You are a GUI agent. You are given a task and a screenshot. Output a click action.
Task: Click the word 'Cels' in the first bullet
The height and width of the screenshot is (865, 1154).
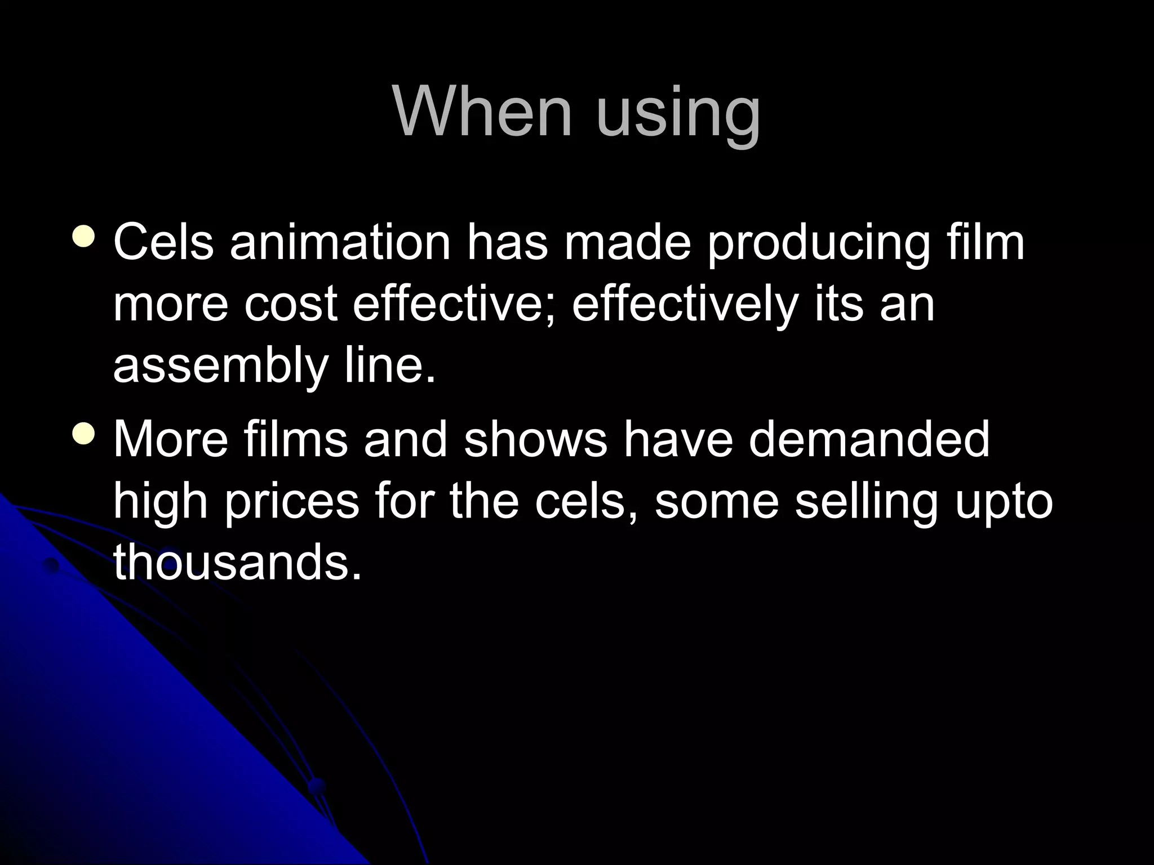pyautogui.click(x=163, y=243)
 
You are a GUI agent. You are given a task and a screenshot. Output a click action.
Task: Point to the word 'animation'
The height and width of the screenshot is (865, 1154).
pyautogui.click(x=340, y=243)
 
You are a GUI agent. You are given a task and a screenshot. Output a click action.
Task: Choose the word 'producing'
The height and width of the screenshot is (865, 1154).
pyautogui.click(x=818, y=246)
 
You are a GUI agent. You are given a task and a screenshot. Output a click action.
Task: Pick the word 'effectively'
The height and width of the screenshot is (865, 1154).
pyautogui.click(x=685, y=307)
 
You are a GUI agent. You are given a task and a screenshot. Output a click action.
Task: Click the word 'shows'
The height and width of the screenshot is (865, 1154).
pyautogui.click(x=536, y=439)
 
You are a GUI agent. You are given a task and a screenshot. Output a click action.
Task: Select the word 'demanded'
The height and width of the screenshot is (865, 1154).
pyautogui.click(x=869, y=439)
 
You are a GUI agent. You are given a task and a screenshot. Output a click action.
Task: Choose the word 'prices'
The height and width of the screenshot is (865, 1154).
pyautogui.click(x=291, y=503)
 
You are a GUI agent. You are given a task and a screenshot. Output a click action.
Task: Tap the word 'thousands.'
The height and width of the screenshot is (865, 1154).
pyautogui.click(x=237, y=563)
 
